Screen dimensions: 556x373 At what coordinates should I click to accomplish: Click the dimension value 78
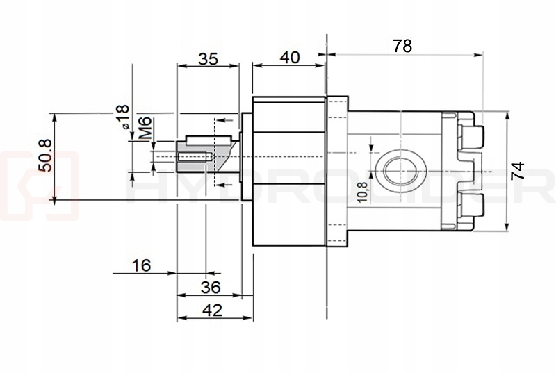402,46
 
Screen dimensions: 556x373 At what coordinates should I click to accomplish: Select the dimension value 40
289,57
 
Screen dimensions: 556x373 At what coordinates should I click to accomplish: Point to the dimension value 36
210,287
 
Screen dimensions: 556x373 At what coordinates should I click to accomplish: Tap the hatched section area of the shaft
221,150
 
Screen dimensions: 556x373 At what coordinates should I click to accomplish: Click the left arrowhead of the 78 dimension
330,53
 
